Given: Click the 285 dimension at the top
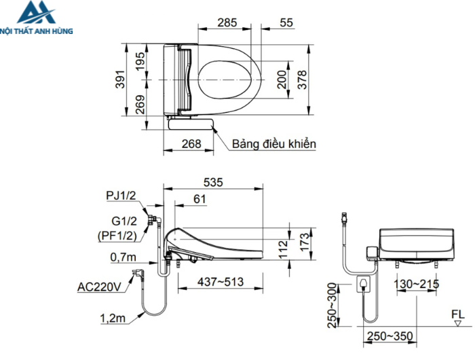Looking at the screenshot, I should pyautogui.click(x=227, y=22).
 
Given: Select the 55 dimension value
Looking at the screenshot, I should pyautogui.click(x=286, y=22).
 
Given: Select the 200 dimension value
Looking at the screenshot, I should pyautogui.click(x=283, y=79).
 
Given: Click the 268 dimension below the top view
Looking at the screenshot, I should pyautogui.click(x=192, y=143).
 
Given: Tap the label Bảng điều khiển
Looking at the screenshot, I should pyautogui.click(x=273, y=144).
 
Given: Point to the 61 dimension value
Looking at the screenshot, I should pyautogui.click(x=200, y=198).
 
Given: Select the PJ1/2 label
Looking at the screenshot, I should pyautogui.click(x=121, y=196).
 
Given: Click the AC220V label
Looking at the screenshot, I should pyautogui.click(x=99, y=287).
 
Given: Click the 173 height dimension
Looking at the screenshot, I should pyautogui.click(x=304, y=241).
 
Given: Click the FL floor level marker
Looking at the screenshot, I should pyautogui.click(x=457, y=313).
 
